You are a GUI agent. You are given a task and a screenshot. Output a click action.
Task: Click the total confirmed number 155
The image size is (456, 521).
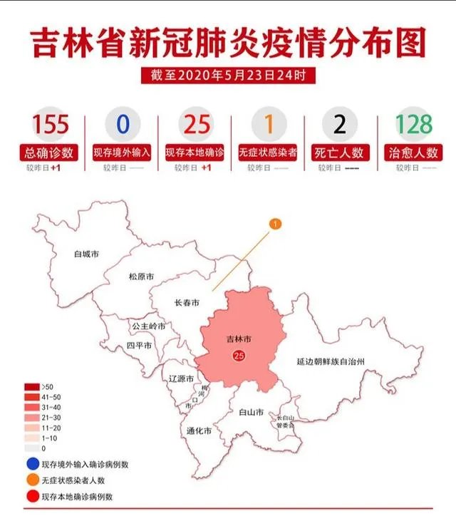51,124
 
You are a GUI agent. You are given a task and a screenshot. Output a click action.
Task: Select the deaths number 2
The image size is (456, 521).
340,124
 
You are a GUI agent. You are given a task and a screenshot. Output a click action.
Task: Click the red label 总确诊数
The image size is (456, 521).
51,153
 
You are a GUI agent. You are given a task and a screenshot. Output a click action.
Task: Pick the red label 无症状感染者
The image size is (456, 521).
267,153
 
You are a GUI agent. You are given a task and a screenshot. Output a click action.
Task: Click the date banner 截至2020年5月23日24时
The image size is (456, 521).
228,75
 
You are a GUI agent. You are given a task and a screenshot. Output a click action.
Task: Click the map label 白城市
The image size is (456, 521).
86,253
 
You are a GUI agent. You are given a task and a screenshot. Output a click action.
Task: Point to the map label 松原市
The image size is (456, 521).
141,277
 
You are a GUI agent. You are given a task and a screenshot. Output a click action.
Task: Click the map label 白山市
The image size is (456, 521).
252,412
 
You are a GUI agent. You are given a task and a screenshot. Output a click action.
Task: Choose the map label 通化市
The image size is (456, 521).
198,431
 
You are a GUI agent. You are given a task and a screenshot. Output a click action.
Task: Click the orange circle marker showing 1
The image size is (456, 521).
275,224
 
